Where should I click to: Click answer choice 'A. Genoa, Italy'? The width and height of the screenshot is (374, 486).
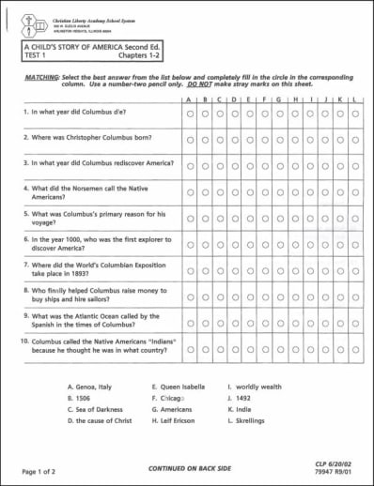point(90,386)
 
